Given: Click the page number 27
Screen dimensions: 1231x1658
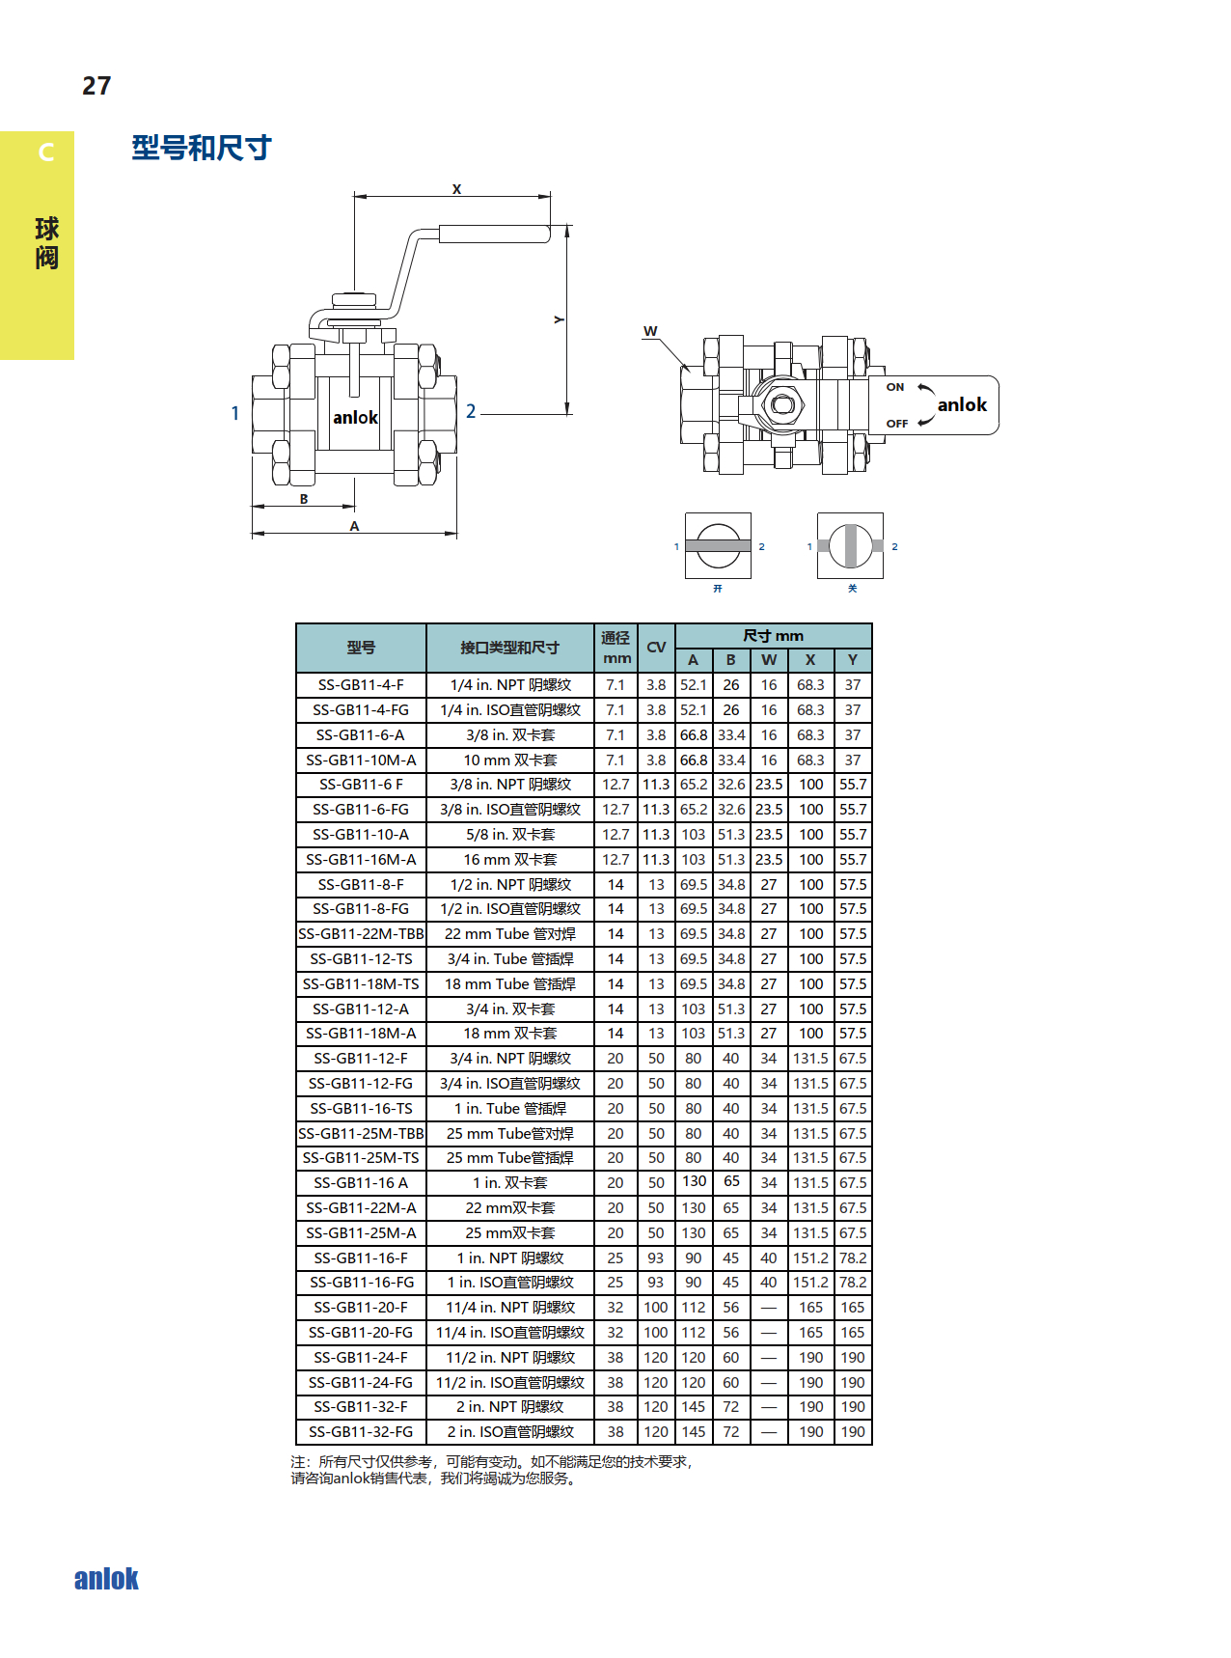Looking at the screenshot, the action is (96, 86).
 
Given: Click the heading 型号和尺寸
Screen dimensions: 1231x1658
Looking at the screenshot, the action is (202, 148).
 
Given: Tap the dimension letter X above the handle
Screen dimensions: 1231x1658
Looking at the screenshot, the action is (456, 189).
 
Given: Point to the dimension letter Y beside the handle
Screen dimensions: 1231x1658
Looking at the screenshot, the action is (559, 319).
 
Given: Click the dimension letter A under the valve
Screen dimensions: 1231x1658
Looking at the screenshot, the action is (354, 526).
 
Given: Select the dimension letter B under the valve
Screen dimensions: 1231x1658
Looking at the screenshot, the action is (304, 499).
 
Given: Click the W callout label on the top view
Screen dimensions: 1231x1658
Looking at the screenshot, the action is (650, 331).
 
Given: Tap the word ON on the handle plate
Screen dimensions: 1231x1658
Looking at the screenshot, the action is (895, 387).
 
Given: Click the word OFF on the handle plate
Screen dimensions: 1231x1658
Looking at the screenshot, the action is (897, 424).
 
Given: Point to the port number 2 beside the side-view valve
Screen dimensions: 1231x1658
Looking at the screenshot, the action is (471, 411).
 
